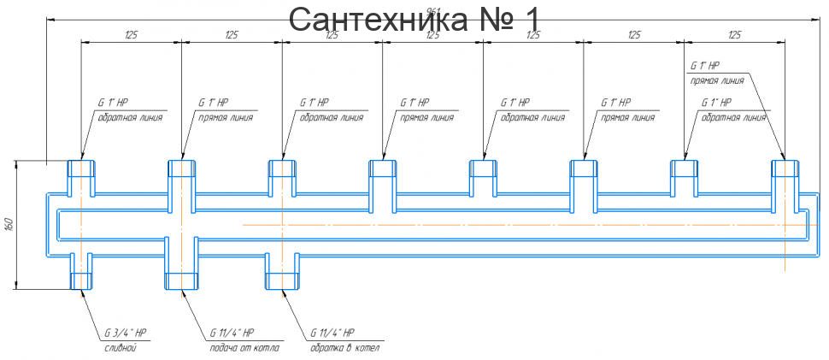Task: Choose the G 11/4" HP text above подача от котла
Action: point(232,333)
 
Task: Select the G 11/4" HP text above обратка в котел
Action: point(332,333)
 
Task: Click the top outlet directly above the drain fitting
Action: point(81,168)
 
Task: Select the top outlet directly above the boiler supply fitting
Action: point(182,168)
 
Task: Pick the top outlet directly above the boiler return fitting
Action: point(283,168)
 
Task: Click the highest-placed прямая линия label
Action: point(716,80)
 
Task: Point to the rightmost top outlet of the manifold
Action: point(785,168)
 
